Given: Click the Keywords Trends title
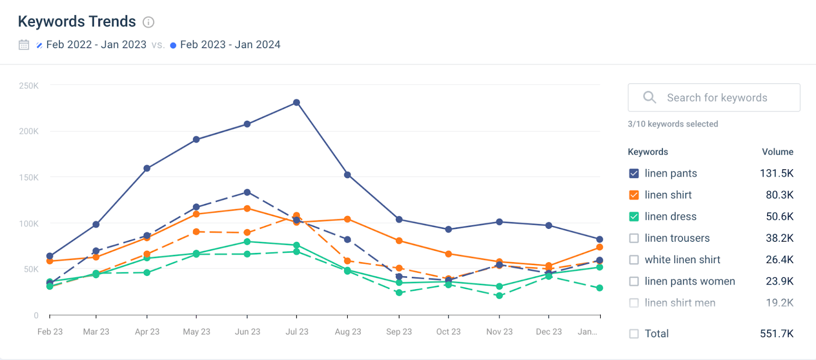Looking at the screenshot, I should (x=76, y=21).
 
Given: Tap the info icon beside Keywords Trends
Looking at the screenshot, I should (x=148, y=22).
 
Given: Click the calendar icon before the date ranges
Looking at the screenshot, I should (x=24, y=45).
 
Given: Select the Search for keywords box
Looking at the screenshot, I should (x=714, y=97).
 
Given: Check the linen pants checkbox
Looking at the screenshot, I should (x=634, y=173).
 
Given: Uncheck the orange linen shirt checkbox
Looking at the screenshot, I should (x=634, y=195).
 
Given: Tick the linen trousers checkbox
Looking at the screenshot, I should (x=634, y=238).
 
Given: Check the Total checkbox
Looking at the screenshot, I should (x=634, y=333).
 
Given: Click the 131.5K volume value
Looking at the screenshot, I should (x=776, y=173).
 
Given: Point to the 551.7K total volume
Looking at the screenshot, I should (x=776, y=333).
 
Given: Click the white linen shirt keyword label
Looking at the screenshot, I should (x=682, y=260).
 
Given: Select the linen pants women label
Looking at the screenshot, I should (x=690, y=281).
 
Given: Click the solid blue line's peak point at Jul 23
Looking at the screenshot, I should (x=296, y=102).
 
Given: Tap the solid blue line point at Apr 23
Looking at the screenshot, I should (x=147, y=168).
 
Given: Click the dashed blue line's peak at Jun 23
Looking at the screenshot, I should (x=247, y=192).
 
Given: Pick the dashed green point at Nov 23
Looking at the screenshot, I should (x=499, y=296).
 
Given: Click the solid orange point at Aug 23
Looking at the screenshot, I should (x=347, y=219).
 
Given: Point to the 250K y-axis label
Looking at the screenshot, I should (x=29, y=86).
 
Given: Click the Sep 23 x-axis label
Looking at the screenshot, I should (x=399, y=331).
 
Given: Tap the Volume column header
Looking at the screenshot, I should (x=777, y=152).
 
